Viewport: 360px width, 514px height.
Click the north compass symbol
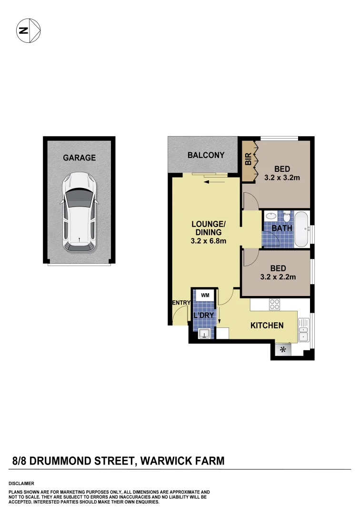point(29,30)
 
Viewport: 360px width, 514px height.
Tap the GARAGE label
point(80,158)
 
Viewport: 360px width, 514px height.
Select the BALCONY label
point(206,155)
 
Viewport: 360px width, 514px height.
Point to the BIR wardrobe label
point(248,159)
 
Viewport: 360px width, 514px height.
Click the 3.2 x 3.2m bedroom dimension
point(282,178)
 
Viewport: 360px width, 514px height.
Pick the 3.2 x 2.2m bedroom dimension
point(279,277)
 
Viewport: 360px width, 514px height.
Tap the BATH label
point(281,228)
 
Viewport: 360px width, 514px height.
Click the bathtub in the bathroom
point(301,229)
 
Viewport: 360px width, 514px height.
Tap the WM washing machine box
point(205,296)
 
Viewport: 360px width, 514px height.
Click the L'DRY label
point(204,315)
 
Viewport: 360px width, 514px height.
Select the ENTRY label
point(181,303)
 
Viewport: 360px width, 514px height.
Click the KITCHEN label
point(267,326)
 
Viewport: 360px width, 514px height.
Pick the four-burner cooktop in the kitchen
point(275,304)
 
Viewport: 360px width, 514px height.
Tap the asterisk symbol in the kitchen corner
point(283,350)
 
